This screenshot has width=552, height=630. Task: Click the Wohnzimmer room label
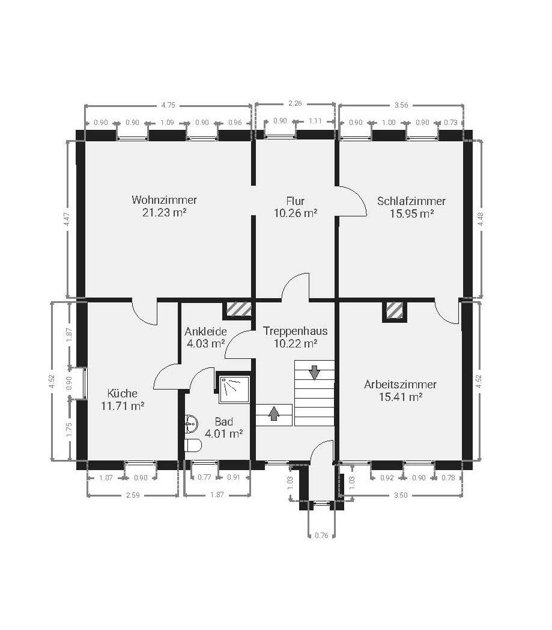point(164,200)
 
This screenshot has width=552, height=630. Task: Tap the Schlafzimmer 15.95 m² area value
point(411,213)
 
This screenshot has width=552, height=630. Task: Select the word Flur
point(296,201)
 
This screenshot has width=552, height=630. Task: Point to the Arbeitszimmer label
point(400,385)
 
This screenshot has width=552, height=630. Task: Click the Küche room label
point(123,393)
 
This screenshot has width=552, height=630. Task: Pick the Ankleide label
point(205,331)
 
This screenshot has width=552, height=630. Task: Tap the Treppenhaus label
point(296,331)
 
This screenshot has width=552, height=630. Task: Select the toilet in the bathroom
point(193,445)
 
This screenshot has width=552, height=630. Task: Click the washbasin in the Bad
point(192,423)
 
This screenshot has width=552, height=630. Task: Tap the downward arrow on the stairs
point(314,373)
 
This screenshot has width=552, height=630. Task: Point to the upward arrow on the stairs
point(274,413)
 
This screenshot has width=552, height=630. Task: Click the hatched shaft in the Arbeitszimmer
point(394,310)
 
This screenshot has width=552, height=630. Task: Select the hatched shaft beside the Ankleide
point(237,309)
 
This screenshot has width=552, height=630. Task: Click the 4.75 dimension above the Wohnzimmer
point(168,105)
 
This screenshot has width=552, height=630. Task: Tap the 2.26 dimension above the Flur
point(295,103)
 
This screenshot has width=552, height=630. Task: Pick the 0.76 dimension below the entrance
point(321,535)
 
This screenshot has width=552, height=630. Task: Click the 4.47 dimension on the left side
point(67,219)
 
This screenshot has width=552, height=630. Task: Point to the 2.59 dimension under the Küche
point(133,495)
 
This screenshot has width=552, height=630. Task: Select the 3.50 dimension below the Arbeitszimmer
point(401,495)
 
